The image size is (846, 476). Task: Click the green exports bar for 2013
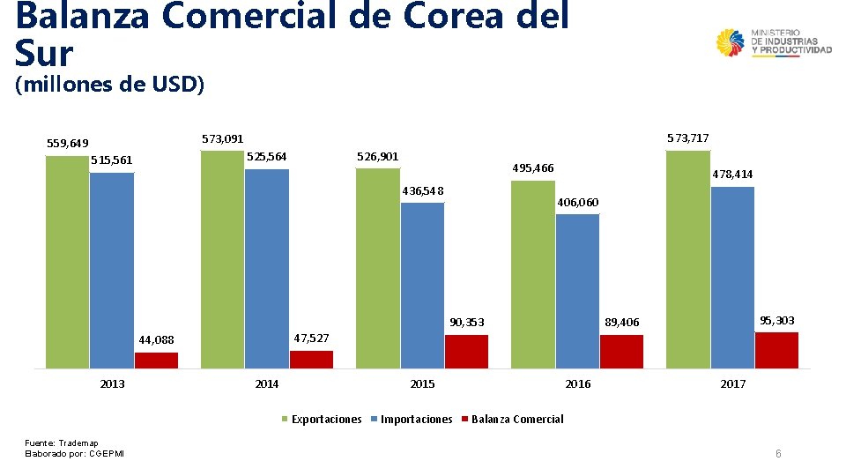tap(67, 262)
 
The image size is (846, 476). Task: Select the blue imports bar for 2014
tap(267, 268)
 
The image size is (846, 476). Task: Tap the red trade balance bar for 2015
tap(466, 351)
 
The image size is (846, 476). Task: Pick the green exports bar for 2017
tap(688, 259)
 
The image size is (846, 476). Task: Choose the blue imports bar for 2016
tap(577, 291)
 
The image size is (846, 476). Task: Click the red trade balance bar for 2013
tap(156, 360)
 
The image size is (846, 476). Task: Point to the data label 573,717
tap(688, 138)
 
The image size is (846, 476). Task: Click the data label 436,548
tap(422, 191)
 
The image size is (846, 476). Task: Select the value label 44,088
tap(157, 340)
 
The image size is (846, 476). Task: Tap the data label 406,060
tap(578, 203)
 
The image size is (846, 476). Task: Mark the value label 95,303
tap(776, 321)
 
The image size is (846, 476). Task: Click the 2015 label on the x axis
tap(423, 383)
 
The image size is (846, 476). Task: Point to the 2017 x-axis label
tap(733, 383)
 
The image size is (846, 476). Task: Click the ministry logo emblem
tap(731, 44)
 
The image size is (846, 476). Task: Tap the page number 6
tap(778, 453)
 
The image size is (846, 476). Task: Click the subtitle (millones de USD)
tap(110, 85)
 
